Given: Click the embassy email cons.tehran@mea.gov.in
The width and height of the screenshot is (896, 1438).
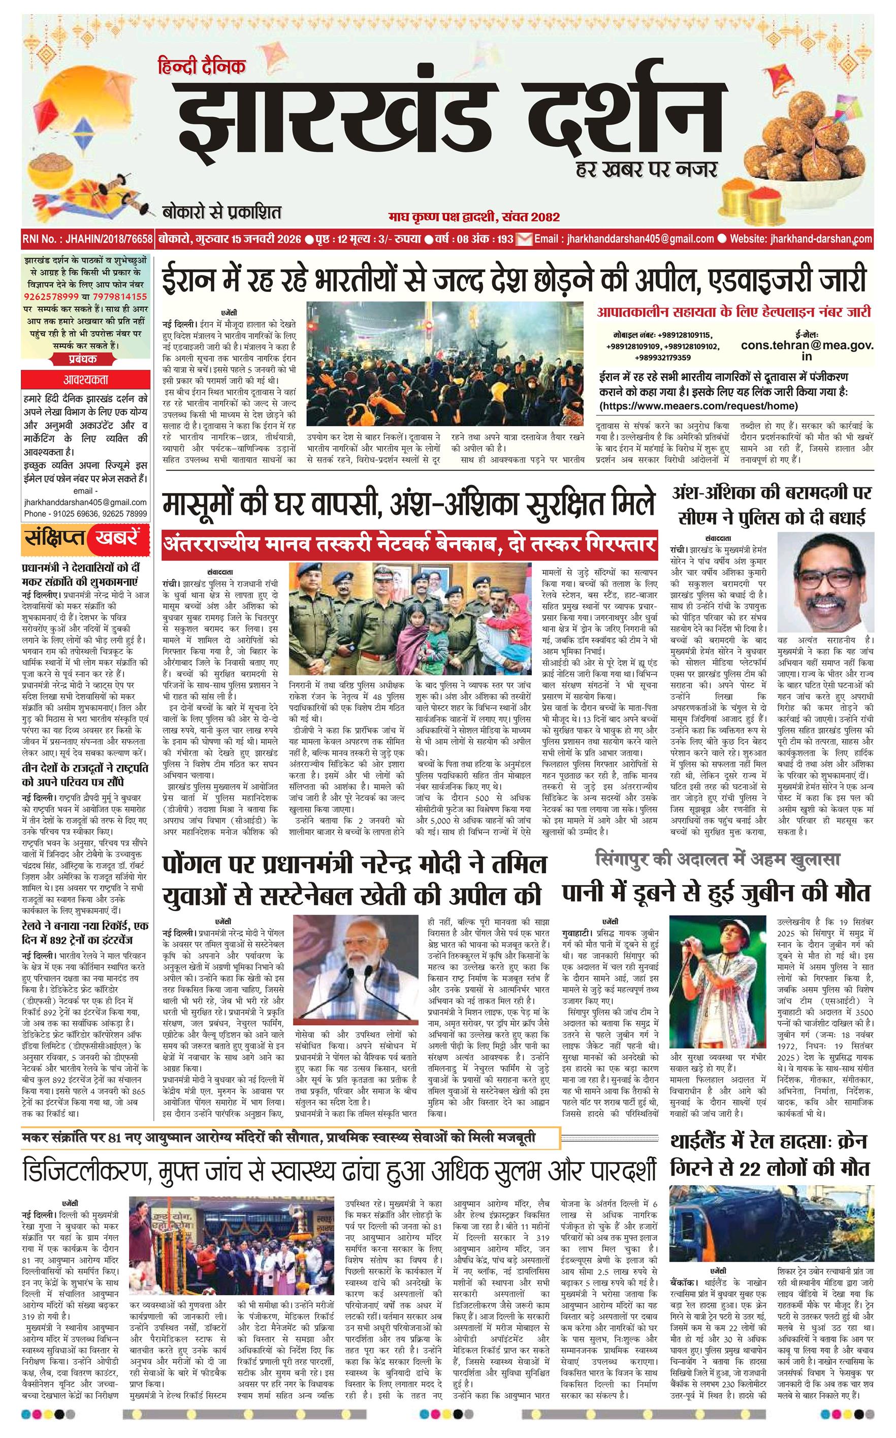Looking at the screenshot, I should point(807,350).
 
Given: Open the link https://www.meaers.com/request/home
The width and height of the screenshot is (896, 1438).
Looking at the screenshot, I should point(699,406).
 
